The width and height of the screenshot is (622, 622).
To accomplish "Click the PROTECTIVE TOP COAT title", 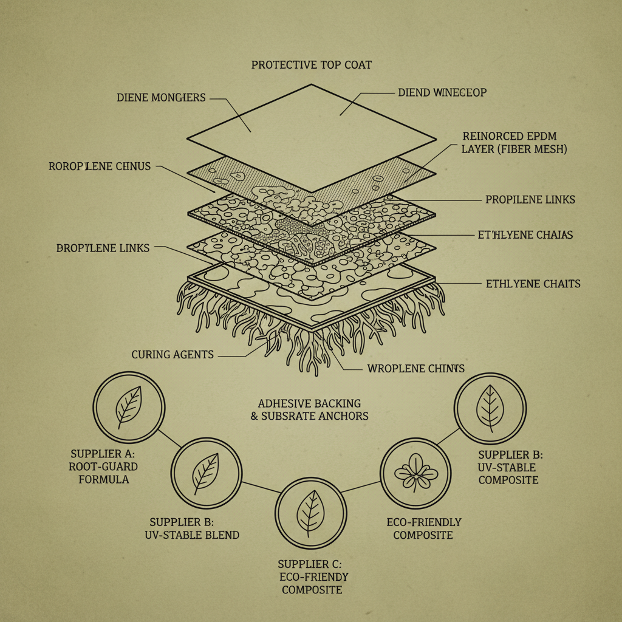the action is click(312, 64).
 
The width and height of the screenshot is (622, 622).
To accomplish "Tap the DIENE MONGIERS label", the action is click(161, 98).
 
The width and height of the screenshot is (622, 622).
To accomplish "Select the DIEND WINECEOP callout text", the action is click(442, 92).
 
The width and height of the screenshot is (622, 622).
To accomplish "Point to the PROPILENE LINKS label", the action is click(530, 199).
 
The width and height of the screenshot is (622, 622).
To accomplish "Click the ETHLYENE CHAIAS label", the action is click(525, 235).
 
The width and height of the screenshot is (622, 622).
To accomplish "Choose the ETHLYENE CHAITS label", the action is click(533, 284).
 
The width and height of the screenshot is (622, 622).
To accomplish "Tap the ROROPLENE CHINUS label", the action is click(100, 166).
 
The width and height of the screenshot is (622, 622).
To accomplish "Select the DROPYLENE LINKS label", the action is click(103, 248).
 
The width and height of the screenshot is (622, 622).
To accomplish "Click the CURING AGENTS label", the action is click(173, 355).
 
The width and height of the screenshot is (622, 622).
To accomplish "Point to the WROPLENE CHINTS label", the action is click(415, 369).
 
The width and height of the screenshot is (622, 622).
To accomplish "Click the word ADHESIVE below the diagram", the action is click(284, 403).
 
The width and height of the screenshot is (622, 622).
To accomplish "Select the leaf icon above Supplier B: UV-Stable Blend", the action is click(206, 473).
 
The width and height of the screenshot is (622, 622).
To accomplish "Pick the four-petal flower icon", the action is click(416, 473).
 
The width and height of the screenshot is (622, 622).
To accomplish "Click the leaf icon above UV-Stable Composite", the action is click(490, 408).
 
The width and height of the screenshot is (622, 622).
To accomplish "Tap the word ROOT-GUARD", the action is click(103, 466).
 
